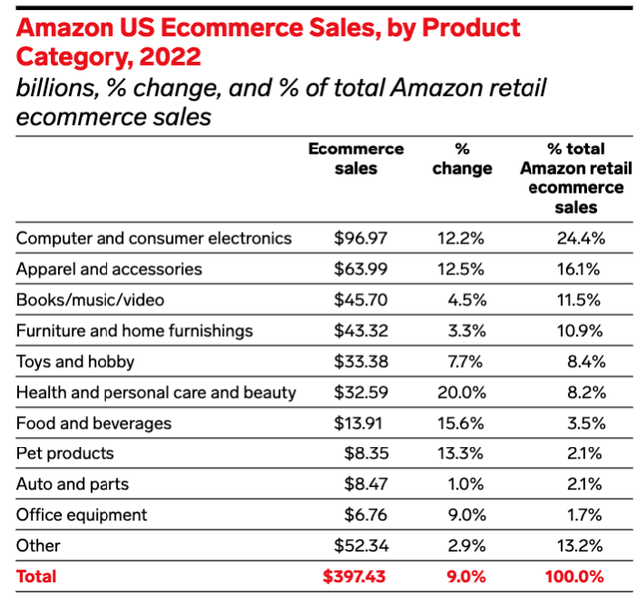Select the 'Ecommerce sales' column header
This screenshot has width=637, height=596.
point(355,158)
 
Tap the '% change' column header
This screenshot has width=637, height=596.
point(462,158)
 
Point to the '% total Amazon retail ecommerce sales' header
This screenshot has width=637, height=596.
point(571,178)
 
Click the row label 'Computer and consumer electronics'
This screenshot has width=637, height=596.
point(154,238)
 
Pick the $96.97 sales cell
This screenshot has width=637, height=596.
point(359,238)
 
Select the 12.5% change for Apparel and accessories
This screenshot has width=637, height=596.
point(461,269)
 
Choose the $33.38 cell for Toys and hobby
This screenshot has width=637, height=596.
point(359,361)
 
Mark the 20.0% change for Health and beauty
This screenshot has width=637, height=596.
point(461,392)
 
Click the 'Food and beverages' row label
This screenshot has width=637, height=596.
point(95,423)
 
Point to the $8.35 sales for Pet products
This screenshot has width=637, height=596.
point(364,453)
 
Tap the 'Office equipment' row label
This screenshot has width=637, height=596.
point(83,515)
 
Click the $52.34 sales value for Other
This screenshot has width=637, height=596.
point(359,545)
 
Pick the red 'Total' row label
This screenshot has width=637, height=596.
point(37,576)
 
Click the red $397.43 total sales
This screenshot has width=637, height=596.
point(354,576)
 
